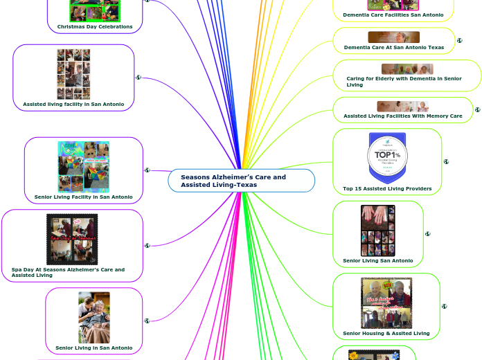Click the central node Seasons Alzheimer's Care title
(233, 181)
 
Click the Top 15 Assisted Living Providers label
(387, 188)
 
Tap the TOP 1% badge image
(387, 158)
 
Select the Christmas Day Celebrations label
(95, 26)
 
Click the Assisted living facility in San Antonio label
(73, 104)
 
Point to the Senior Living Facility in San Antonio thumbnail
(83, 166)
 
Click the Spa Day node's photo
(72, 239)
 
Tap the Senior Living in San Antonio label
(93, 348)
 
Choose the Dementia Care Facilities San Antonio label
(393, 15)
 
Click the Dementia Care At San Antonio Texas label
(394, 48)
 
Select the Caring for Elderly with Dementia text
(404, 82)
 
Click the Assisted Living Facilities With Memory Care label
(403, 116)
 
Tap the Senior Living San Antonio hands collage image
(378, 231)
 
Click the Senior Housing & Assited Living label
(386, 333)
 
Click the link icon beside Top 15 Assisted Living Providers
(446, 162)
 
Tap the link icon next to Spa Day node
(147, 245)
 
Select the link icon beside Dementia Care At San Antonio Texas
(460, 41)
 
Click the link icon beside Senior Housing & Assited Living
(445, 306)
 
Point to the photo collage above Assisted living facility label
(73, 74)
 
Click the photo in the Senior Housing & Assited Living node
(386, 303)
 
